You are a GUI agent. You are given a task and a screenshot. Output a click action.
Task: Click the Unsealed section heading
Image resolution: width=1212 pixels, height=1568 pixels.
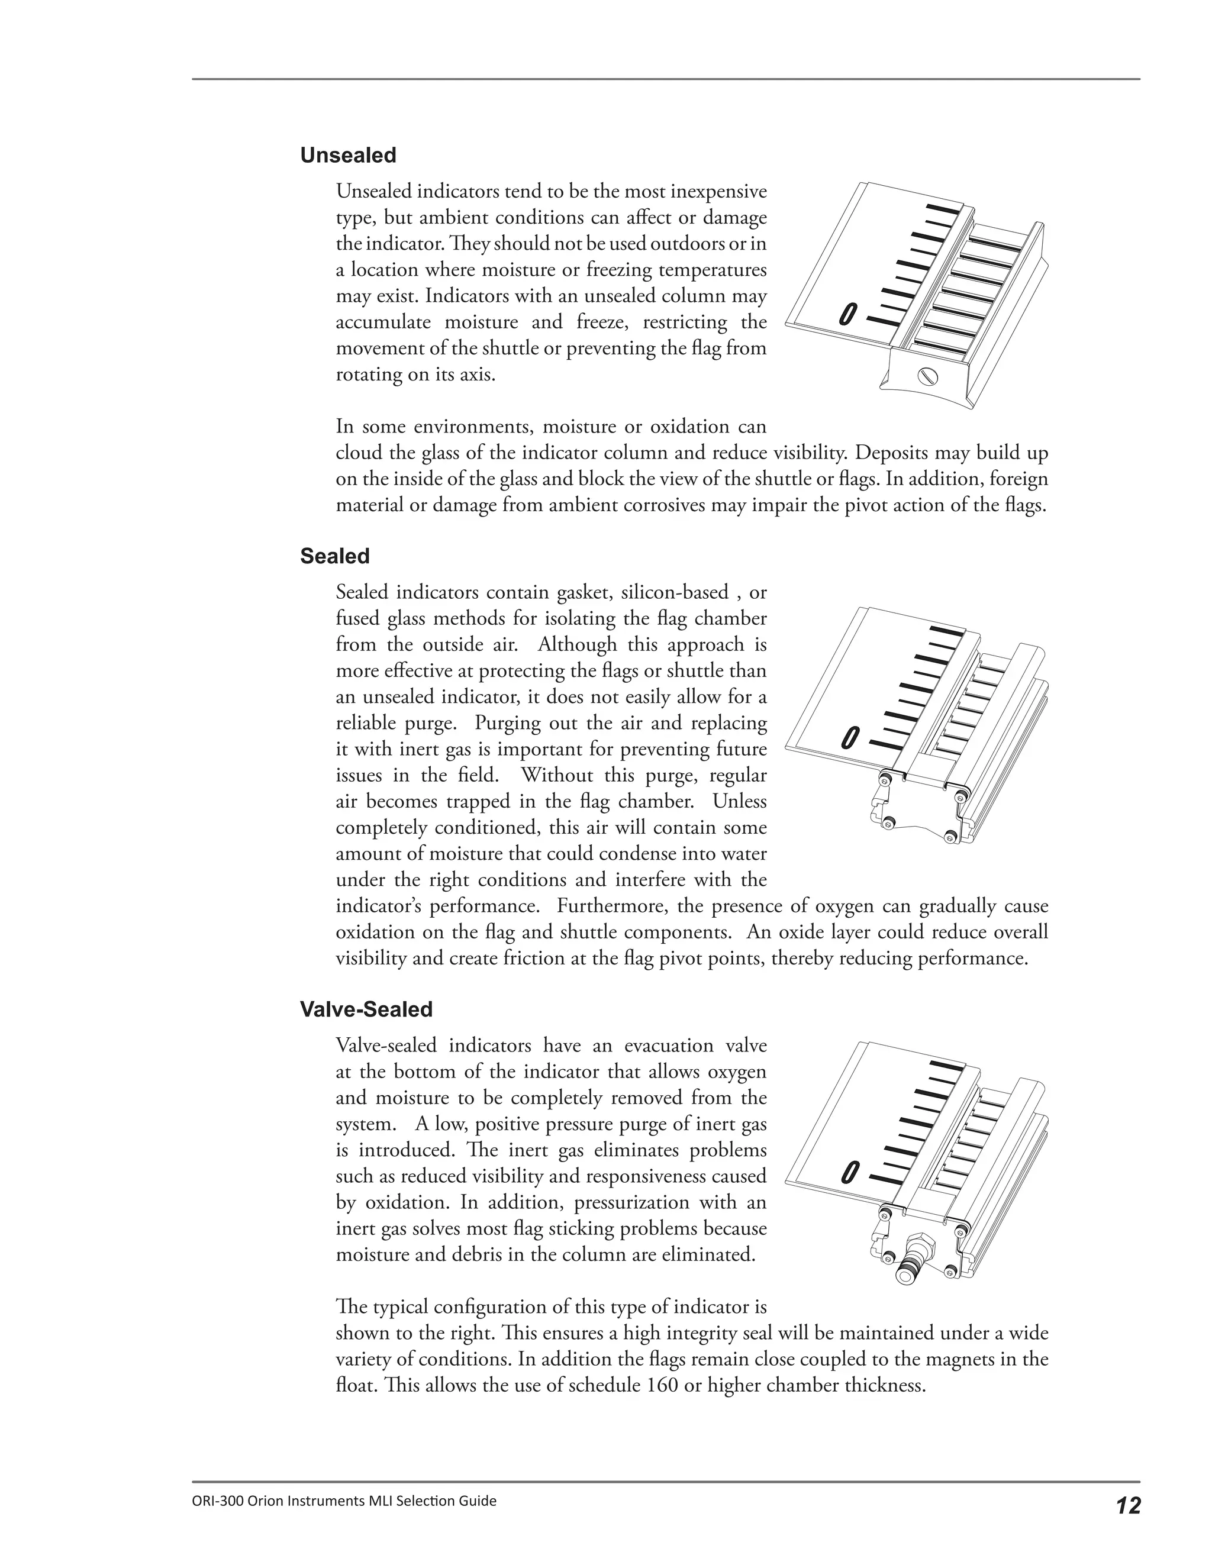(x=347, y=155)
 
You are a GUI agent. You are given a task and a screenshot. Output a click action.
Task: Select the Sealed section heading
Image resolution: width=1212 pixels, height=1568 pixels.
(x=334, y=556)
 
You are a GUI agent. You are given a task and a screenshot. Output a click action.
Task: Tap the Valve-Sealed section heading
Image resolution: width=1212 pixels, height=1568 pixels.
(x=366, y=1009)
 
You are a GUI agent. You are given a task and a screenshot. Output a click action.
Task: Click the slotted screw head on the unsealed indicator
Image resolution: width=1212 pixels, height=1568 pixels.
(x=926, y=376)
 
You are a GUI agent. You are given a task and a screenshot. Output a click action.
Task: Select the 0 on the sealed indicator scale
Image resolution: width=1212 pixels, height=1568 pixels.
(x=850, y=737)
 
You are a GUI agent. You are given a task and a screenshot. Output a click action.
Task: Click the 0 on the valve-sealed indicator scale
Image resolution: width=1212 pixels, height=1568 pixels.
(x=850, y=1172)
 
